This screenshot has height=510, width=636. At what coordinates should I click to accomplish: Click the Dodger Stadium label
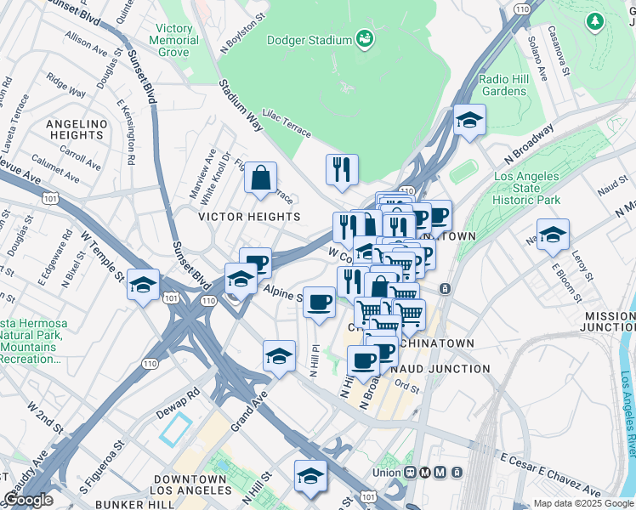tap(309, 40)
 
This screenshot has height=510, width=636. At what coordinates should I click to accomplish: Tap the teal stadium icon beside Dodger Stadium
tap(365, 38)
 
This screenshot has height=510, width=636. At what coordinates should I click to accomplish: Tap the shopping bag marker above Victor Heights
tap(260, 178)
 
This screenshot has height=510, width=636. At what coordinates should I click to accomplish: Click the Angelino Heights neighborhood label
tap(77, 129)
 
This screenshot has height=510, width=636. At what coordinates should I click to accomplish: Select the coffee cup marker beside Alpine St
tap(319, 302)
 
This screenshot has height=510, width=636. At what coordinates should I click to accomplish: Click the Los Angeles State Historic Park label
tap(527, 189)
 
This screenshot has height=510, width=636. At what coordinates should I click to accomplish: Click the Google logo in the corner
tap(28, 500)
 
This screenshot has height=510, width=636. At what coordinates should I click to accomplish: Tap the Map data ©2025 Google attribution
tap(583, 503)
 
